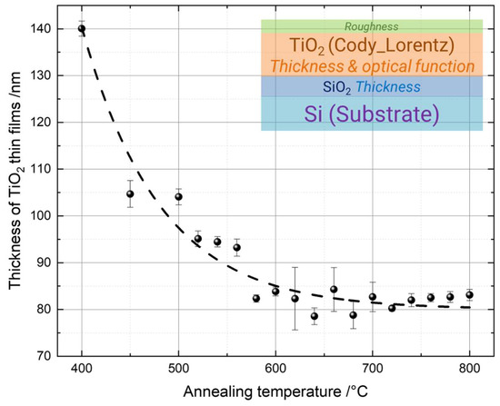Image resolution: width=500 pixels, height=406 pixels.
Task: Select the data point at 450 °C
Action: (130, 193)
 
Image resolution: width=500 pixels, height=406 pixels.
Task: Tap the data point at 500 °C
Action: (178, 197)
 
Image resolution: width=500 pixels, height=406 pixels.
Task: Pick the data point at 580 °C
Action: (256, 298)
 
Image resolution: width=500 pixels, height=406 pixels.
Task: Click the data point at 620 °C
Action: (295, 298)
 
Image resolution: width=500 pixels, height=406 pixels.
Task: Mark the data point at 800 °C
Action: (469, 294)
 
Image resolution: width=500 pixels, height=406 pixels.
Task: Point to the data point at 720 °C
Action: (392, 308)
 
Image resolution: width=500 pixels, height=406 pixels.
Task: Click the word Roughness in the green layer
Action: (372, 26)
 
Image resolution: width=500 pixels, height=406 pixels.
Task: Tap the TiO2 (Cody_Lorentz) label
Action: (372, 45)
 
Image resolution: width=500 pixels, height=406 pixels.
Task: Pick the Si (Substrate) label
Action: (372, 113)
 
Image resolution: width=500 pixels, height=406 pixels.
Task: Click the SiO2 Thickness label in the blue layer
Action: (372, 86)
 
